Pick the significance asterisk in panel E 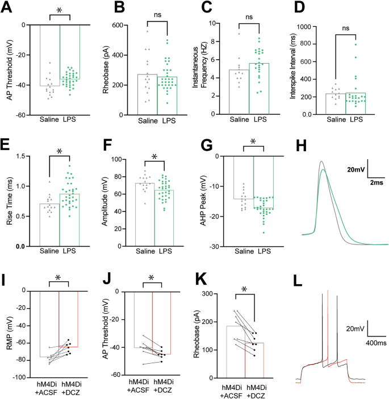60,151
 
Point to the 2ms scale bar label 377,183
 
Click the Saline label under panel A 49,120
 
